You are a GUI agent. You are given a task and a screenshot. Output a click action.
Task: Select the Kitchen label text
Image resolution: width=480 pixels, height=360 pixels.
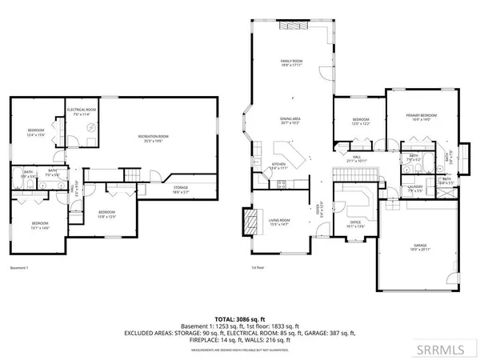278,167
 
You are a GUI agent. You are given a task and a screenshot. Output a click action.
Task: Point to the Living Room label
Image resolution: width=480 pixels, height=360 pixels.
278,222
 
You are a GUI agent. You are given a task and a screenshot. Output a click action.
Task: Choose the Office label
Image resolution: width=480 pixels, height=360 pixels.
356,224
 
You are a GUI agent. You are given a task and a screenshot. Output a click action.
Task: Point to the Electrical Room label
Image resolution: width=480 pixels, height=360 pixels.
82,110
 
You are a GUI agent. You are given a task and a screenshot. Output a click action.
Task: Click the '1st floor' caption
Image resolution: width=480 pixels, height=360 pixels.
258,267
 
